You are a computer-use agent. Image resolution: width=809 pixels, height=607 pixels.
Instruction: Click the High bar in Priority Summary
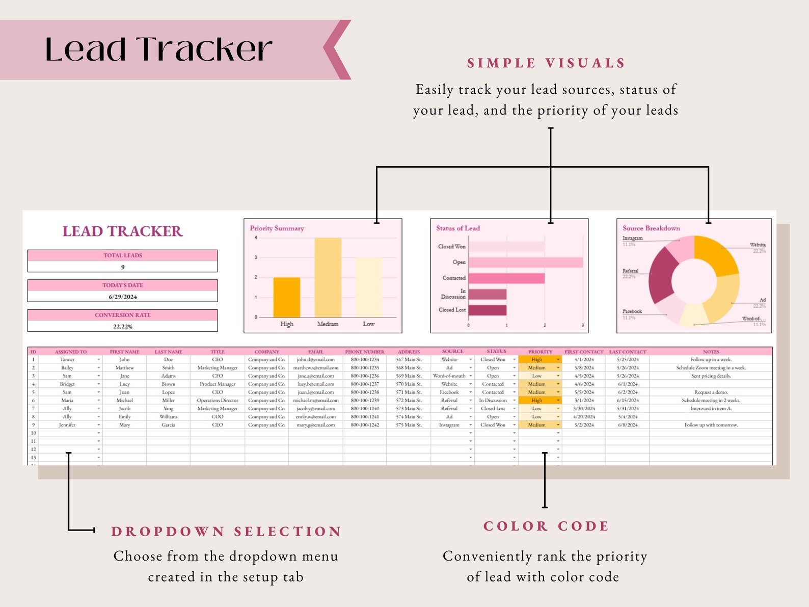[x=286, y=297]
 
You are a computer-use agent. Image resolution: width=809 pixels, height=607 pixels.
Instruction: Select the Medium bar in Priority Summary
[x=328, y=278]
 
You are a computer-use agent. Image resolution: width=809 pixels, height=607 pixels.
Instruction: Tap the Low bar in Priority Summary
[x=368, y=287]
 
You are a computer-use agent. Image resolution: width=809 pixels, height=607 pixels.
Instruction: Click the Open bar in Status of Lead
[x=525, y=262]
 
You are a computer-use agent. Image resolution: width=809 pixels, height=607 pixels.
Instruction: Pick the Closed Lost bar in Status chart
[x=487, y=310]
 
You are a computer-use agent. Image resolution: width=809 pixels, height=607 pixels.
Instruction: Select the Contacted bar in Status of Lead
[x=506, y=278]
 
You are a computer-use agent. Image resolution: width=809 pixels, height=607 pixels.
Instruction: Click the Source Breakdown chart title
[x=651, y=228]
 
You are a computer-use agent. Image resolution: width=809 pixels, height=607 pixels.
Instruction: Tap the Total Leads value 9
[x=123, y=267]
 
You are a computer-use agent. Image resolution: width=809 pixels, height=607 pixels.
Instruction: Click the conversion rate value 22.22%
[x=123, y=326]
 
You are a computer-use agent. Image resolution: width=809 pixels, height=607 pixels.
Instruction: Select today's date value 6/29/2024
[x=123, y=297]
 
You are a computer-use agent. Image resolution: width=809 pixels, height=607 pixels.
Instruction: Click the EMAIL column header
[x=316, y=352]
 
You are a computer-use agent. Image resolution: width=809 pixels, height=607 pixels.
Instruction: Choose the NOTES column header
[x=711, y=352]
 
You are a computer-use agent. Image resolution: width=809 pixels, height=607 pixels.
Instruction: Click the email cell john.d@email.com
[x=316, y=360]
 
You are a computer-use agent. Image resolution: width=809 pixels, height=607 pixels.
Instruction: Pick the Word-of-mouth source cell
[x=449, y=376]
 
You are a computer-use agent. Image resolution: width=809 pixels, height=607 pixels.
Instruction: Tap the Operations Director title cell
[x=218, y=401]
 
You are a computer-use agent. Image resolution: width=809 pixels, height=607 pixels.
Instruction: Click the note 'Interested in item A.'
[x=711, y=409]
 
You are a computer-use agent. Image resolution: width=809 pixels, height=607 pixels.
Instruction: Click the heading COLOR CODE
[x=546, y=526]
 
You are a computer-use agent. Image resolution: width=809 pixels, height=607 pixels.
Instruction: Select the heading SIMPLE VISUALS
[x=546, y=63]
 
